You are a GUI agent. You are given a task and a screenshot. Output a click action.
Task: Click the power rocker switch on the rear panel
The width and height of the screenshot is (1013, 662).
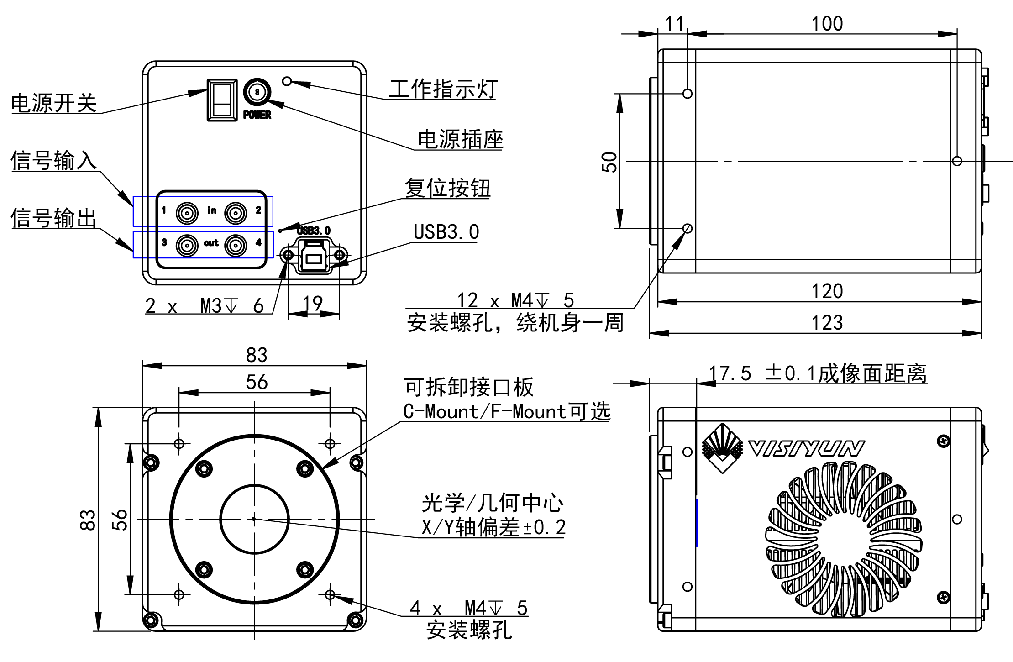point(222,100)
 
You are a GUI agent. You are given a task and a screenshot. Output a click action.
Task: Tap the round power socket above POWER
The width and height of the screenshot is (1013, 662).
point(257,92)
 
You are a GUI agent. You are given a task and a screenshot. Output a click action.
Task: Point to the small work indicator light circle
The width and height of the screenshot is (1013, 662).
point(287,81)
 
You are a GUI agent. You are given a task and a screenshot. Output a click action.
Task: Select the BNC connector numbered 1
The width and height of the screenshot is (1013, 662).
point(187,213)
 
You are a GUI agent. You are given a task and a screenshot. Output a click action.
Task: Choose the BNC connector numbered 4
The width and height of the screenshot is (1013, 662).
point(236,246)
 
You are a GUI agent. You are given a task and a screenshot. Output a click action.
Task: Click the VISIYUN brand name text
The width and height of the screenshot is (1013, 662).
point(806,448)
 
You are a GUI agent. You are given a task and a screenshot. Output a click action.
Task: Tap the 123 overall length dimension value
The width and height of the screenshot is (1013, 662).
point(827,323)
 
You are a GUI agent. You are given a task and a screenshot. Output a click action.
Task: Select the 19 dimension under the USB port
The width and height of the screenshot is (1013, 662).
point(313,304)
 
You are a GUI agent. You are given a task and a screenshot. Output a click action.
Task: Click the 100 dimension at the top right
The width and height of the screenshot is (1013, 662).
point(827,24)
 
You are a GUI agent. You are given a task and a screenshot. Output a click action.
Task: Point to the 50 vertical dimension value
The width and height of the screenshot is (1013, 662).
point(609,162)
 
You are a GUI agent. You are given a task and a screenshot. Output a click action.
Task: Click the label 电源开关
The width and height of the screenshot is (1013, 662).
point(54,103)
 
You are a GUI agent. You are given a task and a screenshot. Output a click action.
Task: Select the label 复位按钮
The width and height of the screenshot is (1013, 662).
point(447,188)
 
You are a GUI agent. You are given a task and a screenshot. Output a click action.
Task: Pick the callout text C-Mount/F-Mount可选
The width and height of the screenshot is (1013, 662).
point(507,411)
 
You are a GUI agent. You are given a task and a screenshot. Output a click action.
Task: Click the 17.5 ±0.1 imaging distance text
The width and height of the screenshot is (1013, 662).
point(818,373)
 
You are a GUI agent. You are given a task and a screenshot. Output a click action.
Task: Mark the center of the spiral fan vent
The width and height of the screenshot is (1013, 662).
point(844,540)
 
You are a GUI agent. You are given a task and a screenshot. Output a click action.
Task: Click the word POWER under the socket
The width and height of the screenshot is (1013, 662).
point(257,115)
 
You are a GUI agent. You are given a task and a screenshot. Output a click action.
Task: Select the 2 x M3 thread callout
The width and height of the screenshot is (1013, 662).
point(205,305)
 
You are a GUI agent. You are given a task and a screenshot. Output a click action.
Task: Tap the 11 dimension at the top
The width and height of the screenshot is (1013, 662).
point(674,24)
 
